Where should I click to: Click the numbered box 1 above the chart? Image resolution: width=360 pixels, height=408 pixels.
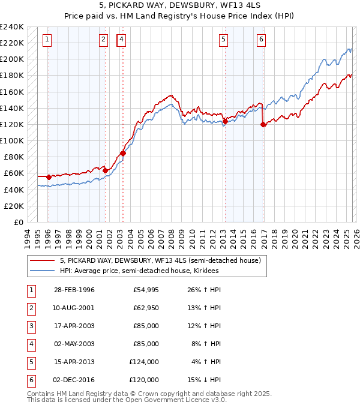(x=47, y=40)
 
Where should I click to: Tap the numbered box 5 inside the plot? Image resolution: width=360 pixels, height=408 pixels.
(x=223, y=40)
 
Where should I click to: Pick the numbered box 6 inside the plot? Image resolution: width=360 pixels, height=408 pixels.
(x=261, y=40)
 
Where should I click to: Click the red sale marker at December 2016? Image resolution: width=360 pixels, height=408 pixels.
(x=263, y=125)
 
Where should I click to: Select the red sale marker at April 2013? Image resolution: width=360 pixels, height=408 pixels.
(x=225, y=121)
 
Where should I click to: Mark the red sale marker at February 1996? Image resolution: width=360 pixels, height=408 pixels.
(x=49, y=177)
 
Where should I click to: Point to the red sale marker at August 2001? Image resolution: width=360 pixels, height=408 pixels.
(x=105, y=170)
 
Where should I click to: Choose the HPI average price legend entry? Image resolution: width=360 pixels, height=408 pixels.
(x=139, y=271)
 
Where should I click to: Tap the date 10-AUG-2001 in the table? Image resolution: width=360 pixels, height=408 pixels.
(x=73, y=308)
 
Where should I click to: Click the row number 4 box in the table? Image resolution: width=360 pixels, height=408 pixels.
(x=31, y=344)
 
